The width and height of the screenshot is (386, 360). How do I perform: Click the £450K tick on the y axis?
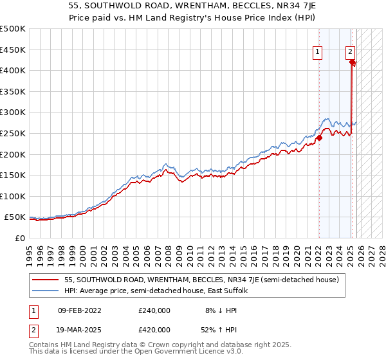(13, 50)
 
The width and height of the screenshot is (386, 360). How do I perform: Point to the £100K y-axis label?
(13, 196)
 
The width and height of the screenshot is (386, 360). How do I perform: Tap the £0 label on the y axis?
(19, 238)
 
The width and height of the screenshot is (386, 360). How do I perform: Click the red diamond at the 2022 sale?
(319, 138)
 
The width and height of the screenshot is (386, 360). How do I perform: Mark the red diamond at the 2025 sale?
(353, 62)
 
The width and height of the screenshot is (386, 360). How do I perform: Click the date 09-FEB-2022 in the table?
(79, 310)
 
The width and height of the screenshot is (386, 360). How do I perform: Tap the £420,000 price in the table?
(154, 329)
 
